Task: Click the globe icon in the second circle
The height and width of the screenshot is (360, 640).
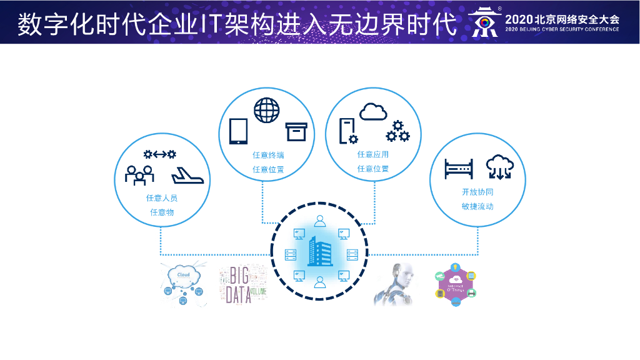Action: (267, 110)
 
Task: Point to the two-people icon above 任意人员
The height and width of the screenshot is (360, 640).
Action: (139, 174)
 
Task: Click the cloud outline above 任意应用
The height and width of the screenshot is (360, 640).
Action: (373, 112)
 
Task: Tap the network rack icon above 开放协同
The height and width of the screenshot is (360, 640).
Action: (459, 168)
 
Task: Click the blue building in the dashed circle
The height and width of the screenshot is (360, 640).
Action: (319, 251)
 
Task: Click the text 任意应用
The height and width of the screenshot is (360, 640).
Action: (373, 155)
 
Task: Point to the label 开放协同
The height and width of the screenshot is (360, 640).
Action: (477, 192)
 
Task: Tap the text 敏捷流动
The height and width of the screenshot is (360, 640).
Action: (477, 206)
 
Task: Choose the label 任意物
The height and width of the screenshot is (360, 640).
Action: (162, 212)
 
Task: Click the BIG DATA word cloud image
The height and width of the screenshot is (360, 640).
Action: (242, 285)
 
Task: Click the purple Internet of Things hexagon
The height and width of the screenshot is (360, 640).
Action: (456, 286)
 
